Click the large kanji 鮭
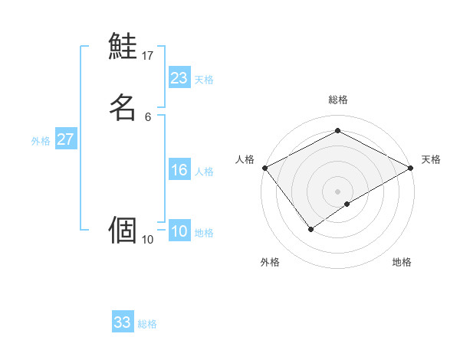tap(123, 47)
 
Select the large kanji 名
tap(123, 106)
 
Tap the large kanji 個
tap(123, 230)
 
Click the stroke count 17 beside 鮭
tap(148, 56)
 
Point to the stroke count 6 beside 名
tap(148, 116)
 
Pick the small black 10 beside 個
tap(148, 240)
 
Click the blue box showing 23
tap(179, 78)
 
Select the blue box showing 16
tap(179, 170)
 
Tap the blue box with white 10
tap(179, 231)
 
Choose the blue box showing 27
tap(66, 139)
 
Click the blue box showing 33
tap(123, 322)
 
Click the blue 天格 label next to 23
tap(204, 80)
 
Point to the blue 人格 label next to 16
tap(204, 172)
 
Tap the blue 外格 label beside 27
tap(41, 141)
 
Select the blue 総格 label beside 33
tap(147, 324)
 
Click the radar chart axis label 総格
tap(338, 100)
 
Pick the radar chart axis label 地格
tap(402, 262)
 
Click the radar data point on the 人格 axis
tap(264, 168)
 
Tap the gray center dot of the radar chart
tap(338, 191)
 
